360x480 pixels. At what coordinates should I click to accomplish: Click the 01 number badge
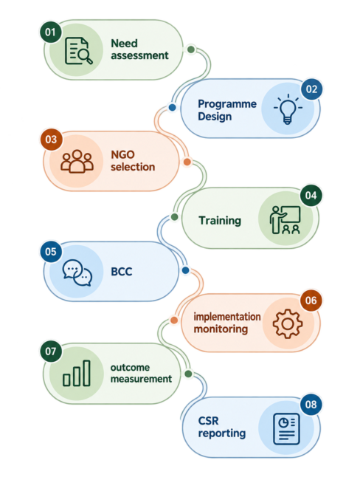click(x=50, y=32)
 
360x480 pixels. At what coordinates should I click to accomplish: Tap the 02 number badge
click(x=311, y=89)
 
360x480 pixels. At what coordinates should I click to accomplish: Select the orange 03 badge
click(x=51, y=140)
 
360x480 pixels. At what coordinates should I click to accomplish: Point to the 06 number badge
click(x=311, y=301)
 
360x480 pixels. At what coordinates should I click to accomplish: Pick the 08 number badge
click(x=311, y=405)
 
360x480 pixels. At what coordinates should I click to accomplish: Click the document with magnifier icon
click(x=79, y=51)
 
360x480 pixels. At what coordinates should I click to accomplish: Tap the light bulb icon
click(x=288, y=109)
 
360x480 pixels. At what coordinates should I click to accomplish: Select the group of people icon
click(x=77, y=161)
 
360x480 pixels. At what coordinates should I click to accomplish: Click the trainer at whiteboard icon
click(x=285, y=220)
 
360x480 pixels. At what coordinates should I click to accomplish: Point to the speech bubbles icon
click(x=77, y=272)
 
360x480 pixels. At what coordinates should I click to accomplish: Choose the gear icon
click(x=288, y=323)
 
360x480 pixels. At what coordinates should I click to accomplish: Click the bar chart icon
click(x=77, y=373)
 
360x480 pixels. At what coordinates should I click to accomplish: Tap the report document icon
click(x=286, y=428)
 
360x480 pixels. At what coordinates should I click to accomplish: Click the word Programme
click(x=227, y=104)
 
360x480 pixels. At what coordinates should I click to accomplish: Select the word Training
click(x=220, y=220)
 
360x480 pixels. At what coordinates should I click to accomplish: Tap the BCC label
click(x=122, y=272)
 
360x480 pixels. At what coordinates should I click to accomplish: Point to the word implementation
click(x=227, y=317)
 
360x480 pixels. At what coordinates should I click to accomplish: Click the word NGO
click(x=122, y=154)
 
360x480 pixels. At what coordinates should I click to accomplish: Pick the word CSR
click(x=208, y=421)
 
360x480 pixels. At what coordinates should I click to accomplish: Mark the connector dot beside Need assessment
click(x=191, y=49)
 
